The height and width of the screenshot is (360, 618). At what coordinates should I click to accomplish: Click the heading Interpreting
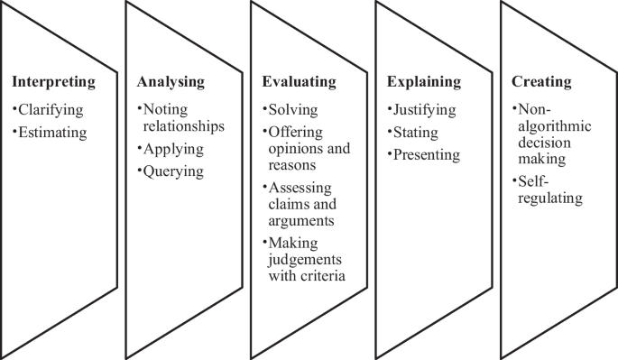tap(53, 82)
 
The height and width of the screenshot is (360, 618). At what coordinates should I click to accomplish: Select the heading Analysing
tap(171, 82)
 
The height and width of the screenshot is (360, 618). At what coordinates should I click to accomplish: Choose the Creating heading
tap(541, 82)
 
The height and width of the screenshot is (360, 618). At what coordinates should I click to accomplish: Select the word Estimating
tap(51, 133)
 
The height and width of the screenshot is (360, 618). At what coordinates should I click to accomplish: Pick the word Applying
tap(172, 149)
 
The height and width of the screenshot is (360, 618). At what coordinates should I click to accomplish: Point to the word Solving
tap(292, 110)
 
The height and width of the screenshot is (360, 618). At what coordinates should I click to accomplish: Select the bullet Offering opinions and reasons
tap(307, 149)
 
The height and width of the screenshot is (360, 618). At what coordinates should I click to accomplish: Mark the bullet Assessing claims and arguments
tap(302, 203)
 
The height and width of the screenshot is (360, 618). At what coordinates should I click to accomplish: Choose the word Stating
tap(415, 133)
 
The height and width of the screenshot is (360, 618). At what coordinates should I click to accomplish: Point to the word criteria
tap(327, 275)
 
